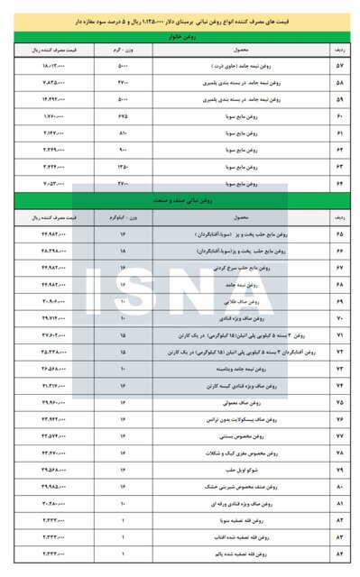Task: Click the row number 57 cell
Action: coord(339,66)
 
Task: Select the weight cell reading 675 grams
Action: coord(125,116)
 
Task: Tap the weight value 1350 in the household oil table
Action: coord(125,167)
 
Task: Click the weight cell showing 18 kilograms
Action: coord(125,250)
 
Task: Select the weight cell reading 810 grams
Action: coord(125,133)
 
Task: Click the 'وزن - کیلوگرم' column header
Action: coord(125,217)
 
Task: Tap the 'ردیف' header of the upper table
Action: coord(339,50)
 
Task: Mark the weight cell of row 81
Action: coord(125,503)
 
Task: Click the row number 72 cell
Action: coord(339,352)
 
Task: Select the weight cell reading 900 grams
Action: coord(125,150)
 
